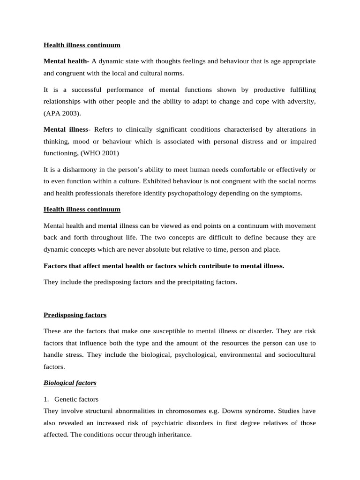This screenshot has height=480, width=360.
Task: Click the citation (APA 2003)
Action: coord(62,113)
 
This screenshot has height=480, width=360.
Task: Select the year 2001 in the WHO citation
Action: coord(110,153)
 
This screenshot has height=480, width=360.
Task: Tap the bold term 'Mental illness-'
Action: coord(67,129)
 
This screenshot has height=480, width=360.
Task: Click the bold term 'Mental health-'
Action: coord(66,61)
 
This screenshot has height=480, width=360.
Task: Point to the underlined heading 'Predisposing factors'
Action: coord(75,315)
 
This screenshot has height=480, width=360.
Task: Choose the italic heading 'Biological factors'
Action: coord(70,383)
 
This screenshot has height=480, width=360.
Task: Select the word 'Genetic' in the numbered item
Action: coord(65,399)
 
